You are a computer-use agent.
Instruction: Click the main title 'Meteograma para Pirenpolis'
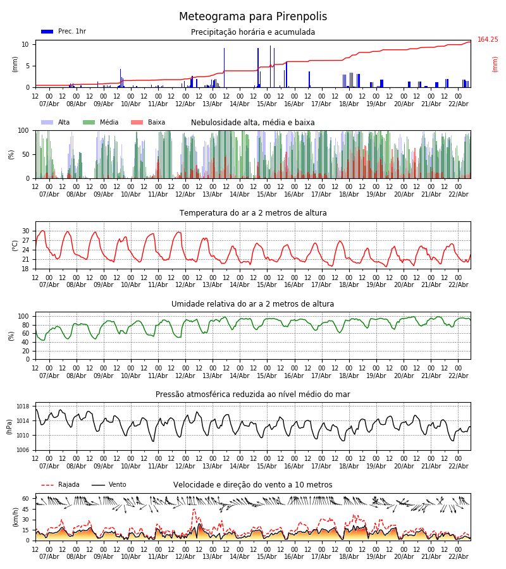tap(253, 17)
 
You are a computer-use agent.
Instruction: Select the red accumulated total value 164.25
tap(488, 40)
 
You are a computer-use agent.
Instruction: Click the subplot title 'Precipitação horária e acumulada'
tap(253, 32)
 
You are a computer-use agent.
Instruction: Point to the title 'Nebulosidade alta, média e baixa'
tap(253, 123)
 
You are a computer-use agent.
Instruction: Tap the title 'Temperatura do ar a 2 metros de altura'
tap(253, 213)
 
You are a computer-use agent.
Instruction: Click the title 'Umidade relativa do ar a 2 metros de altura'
tap(253, 304)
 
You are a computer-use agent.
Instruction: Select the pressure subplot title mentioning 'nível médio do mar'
tap(253, 395)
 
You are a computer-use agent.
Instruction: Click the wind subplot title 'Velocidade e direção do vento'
tap(253, 485)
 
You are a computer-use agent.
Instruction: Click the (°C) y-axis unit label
tap(15, 245)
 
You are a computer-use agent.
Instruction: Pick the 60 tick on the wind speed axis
tap(27, 498)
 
